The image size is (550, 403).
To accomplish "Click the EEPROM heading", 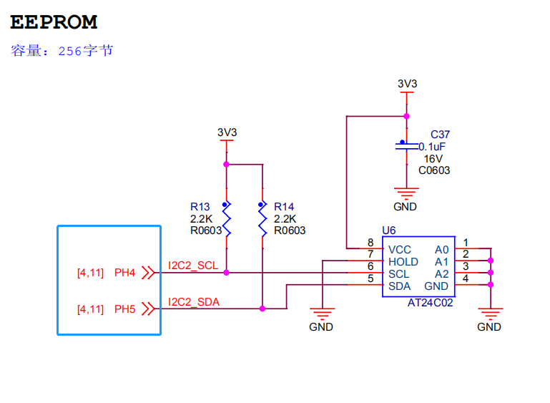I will point(54,22).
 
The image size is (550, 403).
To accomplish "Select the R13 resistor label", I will point(200,207).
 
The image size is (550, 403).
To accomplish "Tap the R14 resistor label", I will point(284,207).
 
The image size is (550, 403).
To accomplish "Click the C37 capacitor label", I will point(440,135).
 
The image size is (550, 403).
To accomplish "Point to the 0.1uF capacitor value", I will point(433,147).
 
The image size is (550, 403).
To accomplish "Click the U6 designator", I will point(389,230).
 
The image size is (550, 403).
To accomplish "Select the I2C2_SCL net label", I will point(192,266).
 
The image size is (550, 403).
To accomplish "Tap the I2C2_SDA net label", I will point(193,302).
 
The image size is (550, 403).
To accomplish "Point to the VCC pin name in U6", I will point(400,250).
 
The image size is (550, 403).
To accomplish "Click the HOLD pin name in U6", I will point(403,262).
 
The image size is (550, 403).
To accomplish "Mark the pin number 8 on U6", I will point(370,243).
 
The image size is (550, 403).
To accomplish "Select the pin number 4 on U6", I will point(466,279).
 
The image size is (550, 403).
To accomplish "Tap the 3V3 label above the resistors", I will point(227,132).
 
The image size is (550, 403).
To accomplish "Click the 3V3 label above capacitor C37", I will point(407,84).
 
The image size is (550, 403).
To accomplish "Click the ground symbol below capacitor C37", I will point(406,193).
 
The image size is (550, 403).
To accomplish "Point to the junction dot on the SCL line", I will point(226,273).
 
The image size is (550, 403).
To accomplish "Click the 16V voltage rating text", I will point(433,158).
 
